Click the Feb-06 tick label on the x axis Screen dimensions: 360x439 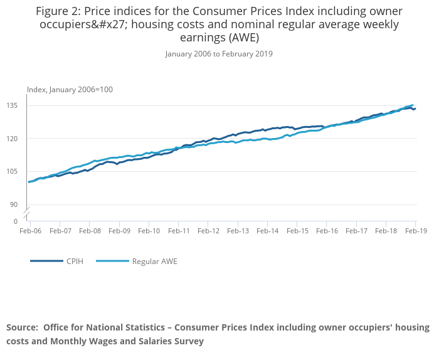click(30, 231)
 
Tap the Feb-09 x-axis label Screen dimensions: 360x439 click(119, 231)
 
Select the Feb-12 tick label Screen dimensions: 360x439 click(208, 231)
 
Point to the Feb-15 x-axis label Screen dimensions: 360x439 click(297, 231)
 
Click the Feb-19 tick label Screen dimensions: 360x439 click(415, 231)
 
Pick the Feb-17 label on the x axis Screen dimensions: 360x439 click(356, 231)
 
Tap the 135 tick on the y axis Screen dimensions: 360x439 click(13, 105)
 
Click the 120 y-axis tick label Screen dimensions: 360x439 click(13, 139)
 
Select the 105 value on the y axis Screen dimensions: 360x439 click(13, 171)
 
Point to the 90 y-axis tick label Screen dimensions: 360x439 click(14, 204)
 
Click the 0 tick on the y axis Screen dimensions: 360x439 click(16, 221)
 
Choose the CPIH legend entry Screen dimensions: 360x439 click(75, 261)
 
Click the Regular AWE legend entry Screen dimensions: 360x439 click(154, 261)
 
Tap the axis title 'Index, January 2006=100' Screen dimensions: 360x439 click(70, 90)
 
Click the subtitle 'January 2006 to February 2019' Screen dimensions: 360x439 click(219, 54)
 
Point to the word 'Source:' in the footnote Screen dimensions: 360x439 click(22, 327)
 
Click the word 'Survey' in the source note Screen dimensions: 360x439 click(187, 341)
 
